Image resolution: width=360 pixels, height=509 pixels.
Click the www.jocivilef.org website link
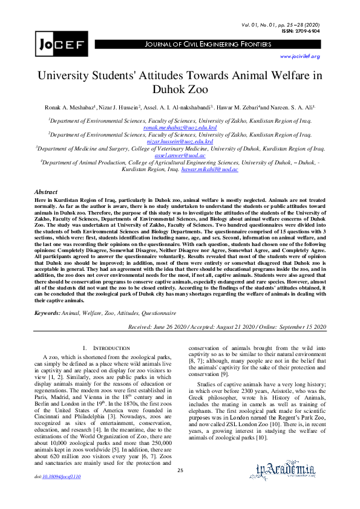299,56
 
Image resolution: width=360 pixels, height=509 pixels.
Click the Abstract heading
46,190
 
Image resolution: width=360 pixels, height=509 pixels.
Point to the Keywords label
47,313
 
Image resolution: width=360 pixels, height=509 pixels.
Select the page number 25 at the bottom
180,487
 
